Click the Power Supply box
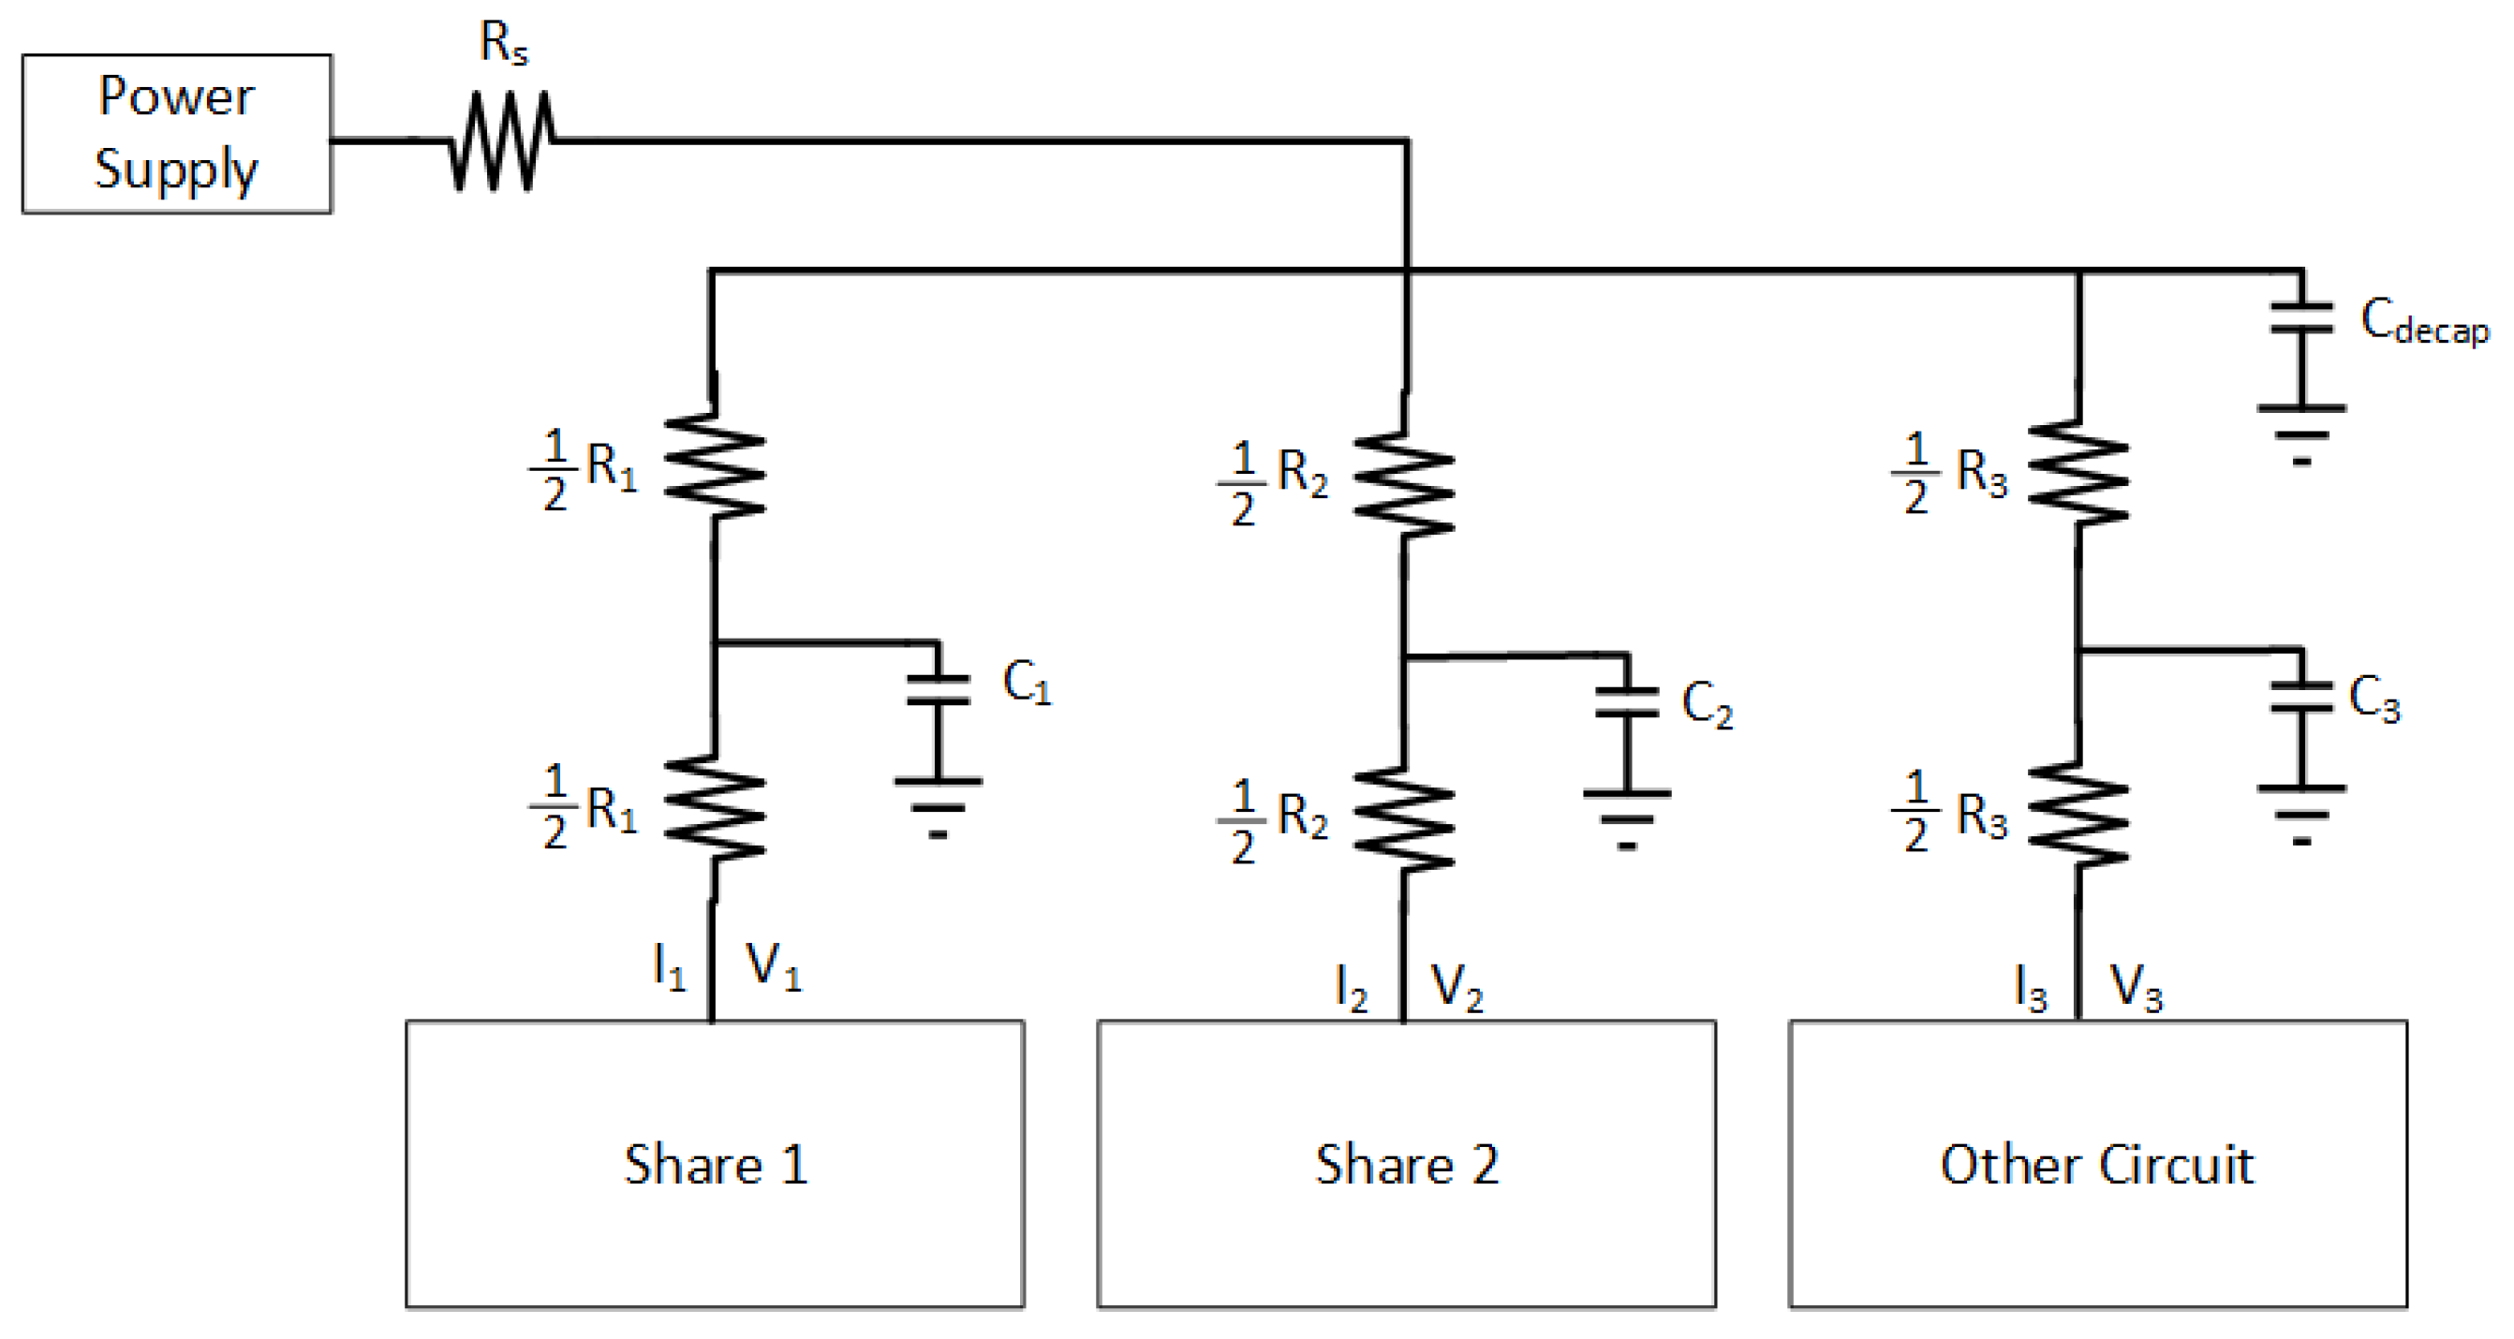[177, 134]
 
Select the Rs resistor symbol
[502, 141]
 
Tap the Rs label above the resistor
[504, 44]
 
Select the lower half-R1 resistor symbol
[715, 809]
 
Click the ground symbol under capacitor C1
[938, 808]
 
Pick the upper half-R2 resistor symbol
[1403, 484]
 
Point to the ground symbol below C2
[1626, 820]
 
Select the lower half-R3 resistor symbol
[2078, 816]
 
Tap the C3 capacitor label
[2374, 699]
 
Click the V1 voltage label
[773, 967]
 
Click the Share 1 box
[715, 1163]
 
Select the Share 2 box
[1405, 1163]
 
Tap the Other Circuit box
[2097, 1163]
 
